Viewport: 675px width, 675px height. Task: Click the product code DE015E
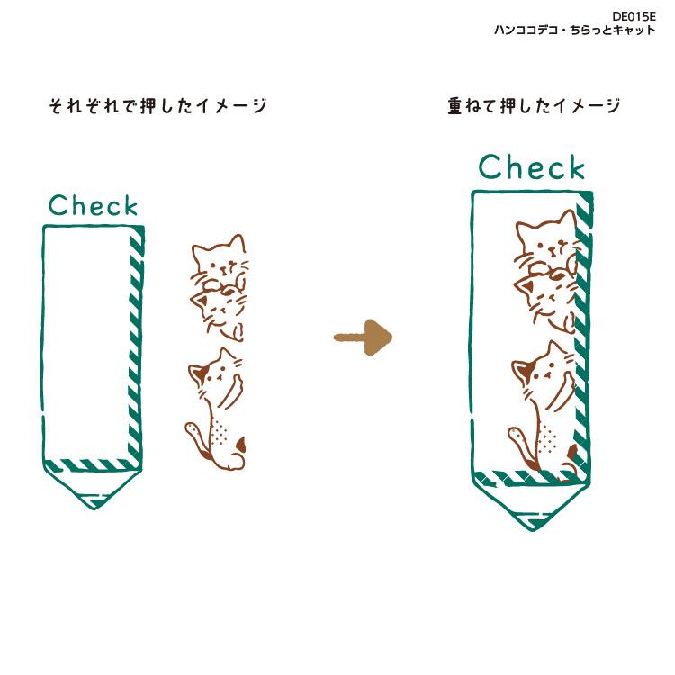pos(634,16)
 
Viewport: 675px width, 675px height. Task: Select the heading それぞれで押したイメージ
pos(157,107)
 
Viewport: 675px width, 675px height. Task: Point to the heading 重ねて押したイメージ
pos(534,107)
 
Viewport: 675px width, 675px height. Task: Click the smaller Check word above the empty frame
pos(94,206)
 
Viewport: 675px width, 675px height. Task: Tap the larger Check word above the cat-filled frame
pos(531,167)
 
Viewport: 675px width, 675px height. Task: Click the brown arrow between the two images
pos(364,337)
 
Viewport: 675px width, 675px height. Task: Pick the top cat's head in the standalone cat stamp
pos(219,259)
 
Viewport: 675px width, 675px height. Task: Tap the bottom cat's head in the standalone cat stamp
pos(215,371)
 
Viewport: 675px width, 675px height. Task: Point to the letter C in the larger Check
pos(492,167)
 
